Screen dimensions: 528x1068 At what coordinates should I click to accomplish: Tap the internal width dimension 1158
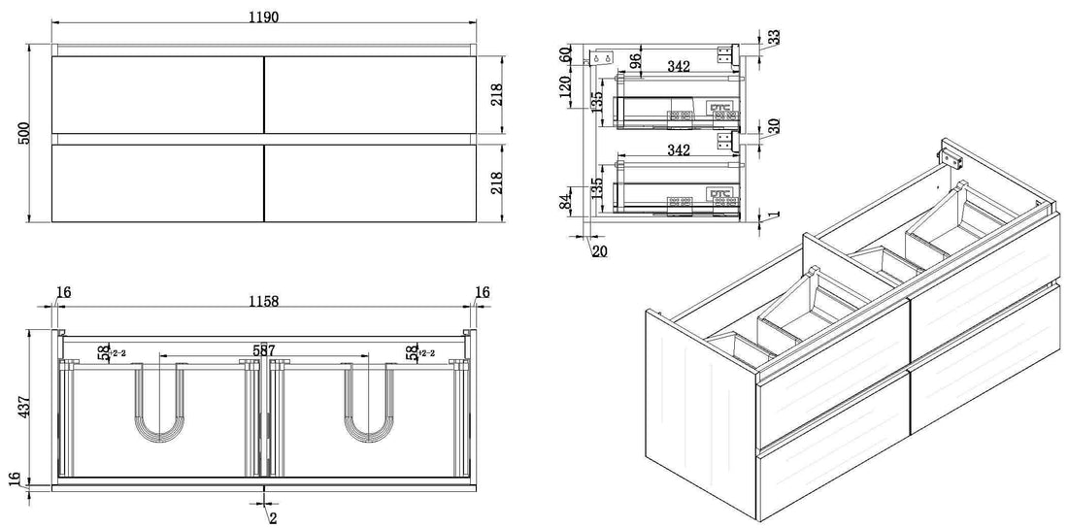click(262, 302)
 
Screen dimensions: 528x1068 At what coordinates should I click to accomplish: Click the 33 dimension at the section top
click(774, 37)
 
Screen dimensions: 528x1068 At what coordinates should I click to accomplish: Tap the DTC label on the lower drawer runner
click(720, 192)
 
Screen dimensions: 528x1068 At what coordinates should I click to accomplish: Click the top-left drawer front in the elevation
click(157, 94)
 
